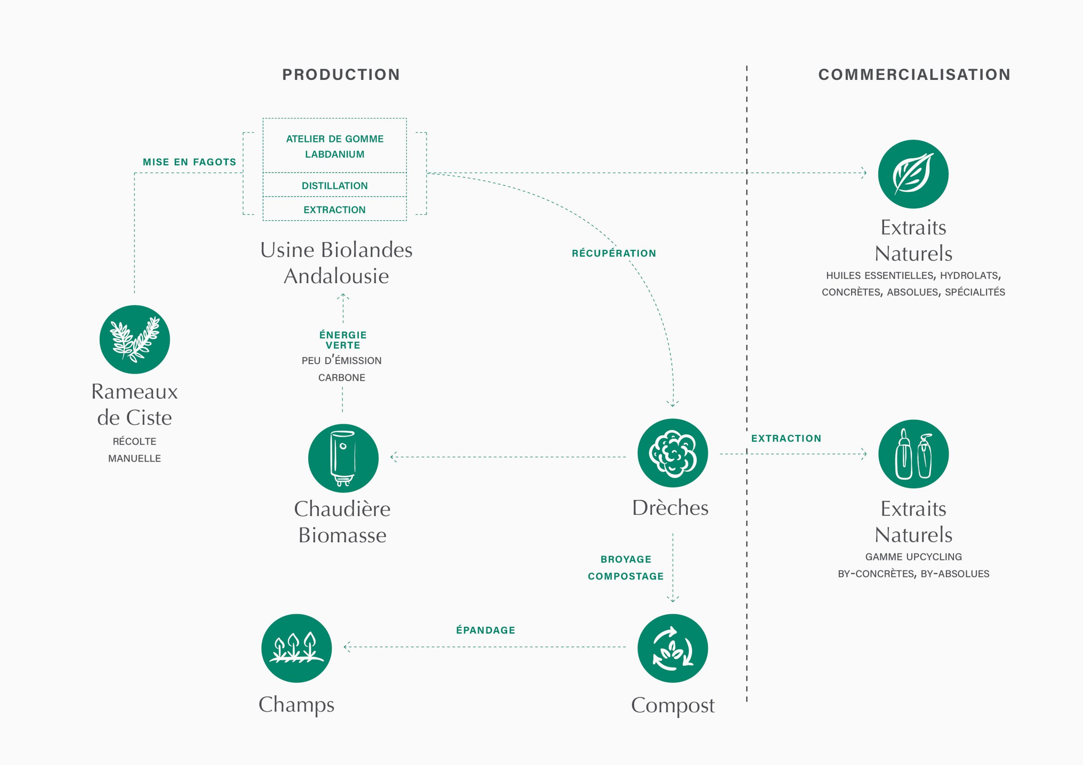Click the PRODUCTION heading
click(341, 74)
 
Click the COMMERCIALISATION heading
click(914, 74)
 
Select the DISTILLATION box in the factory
click(335, 185)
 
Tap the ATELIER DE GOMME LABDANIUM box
click(335, 146)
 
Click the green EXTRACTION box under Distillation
click(335, 209)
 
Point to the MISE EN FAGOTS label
click(189, 162)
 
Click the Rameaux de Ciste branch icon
click(135, 339)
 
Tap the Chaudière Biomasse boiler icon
click(343, 458)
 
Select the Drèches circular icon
click(673, 453)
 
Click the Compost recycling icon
click(673, 648)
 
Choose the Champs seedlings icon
click(296, 648)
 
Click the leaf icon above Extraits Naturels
click(913, 174)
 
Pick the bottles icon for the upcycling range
click(913, 454)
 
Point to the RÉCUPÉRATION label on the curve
click(614, 253)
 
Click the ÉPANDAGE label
click(485, 630)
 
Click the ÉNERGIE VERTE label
click(343, 340)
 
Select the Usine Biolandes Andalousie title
click(336, 263)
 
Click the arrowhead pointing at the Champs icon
click(347, 647)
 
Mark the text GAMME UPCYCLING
click(913, 557)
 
